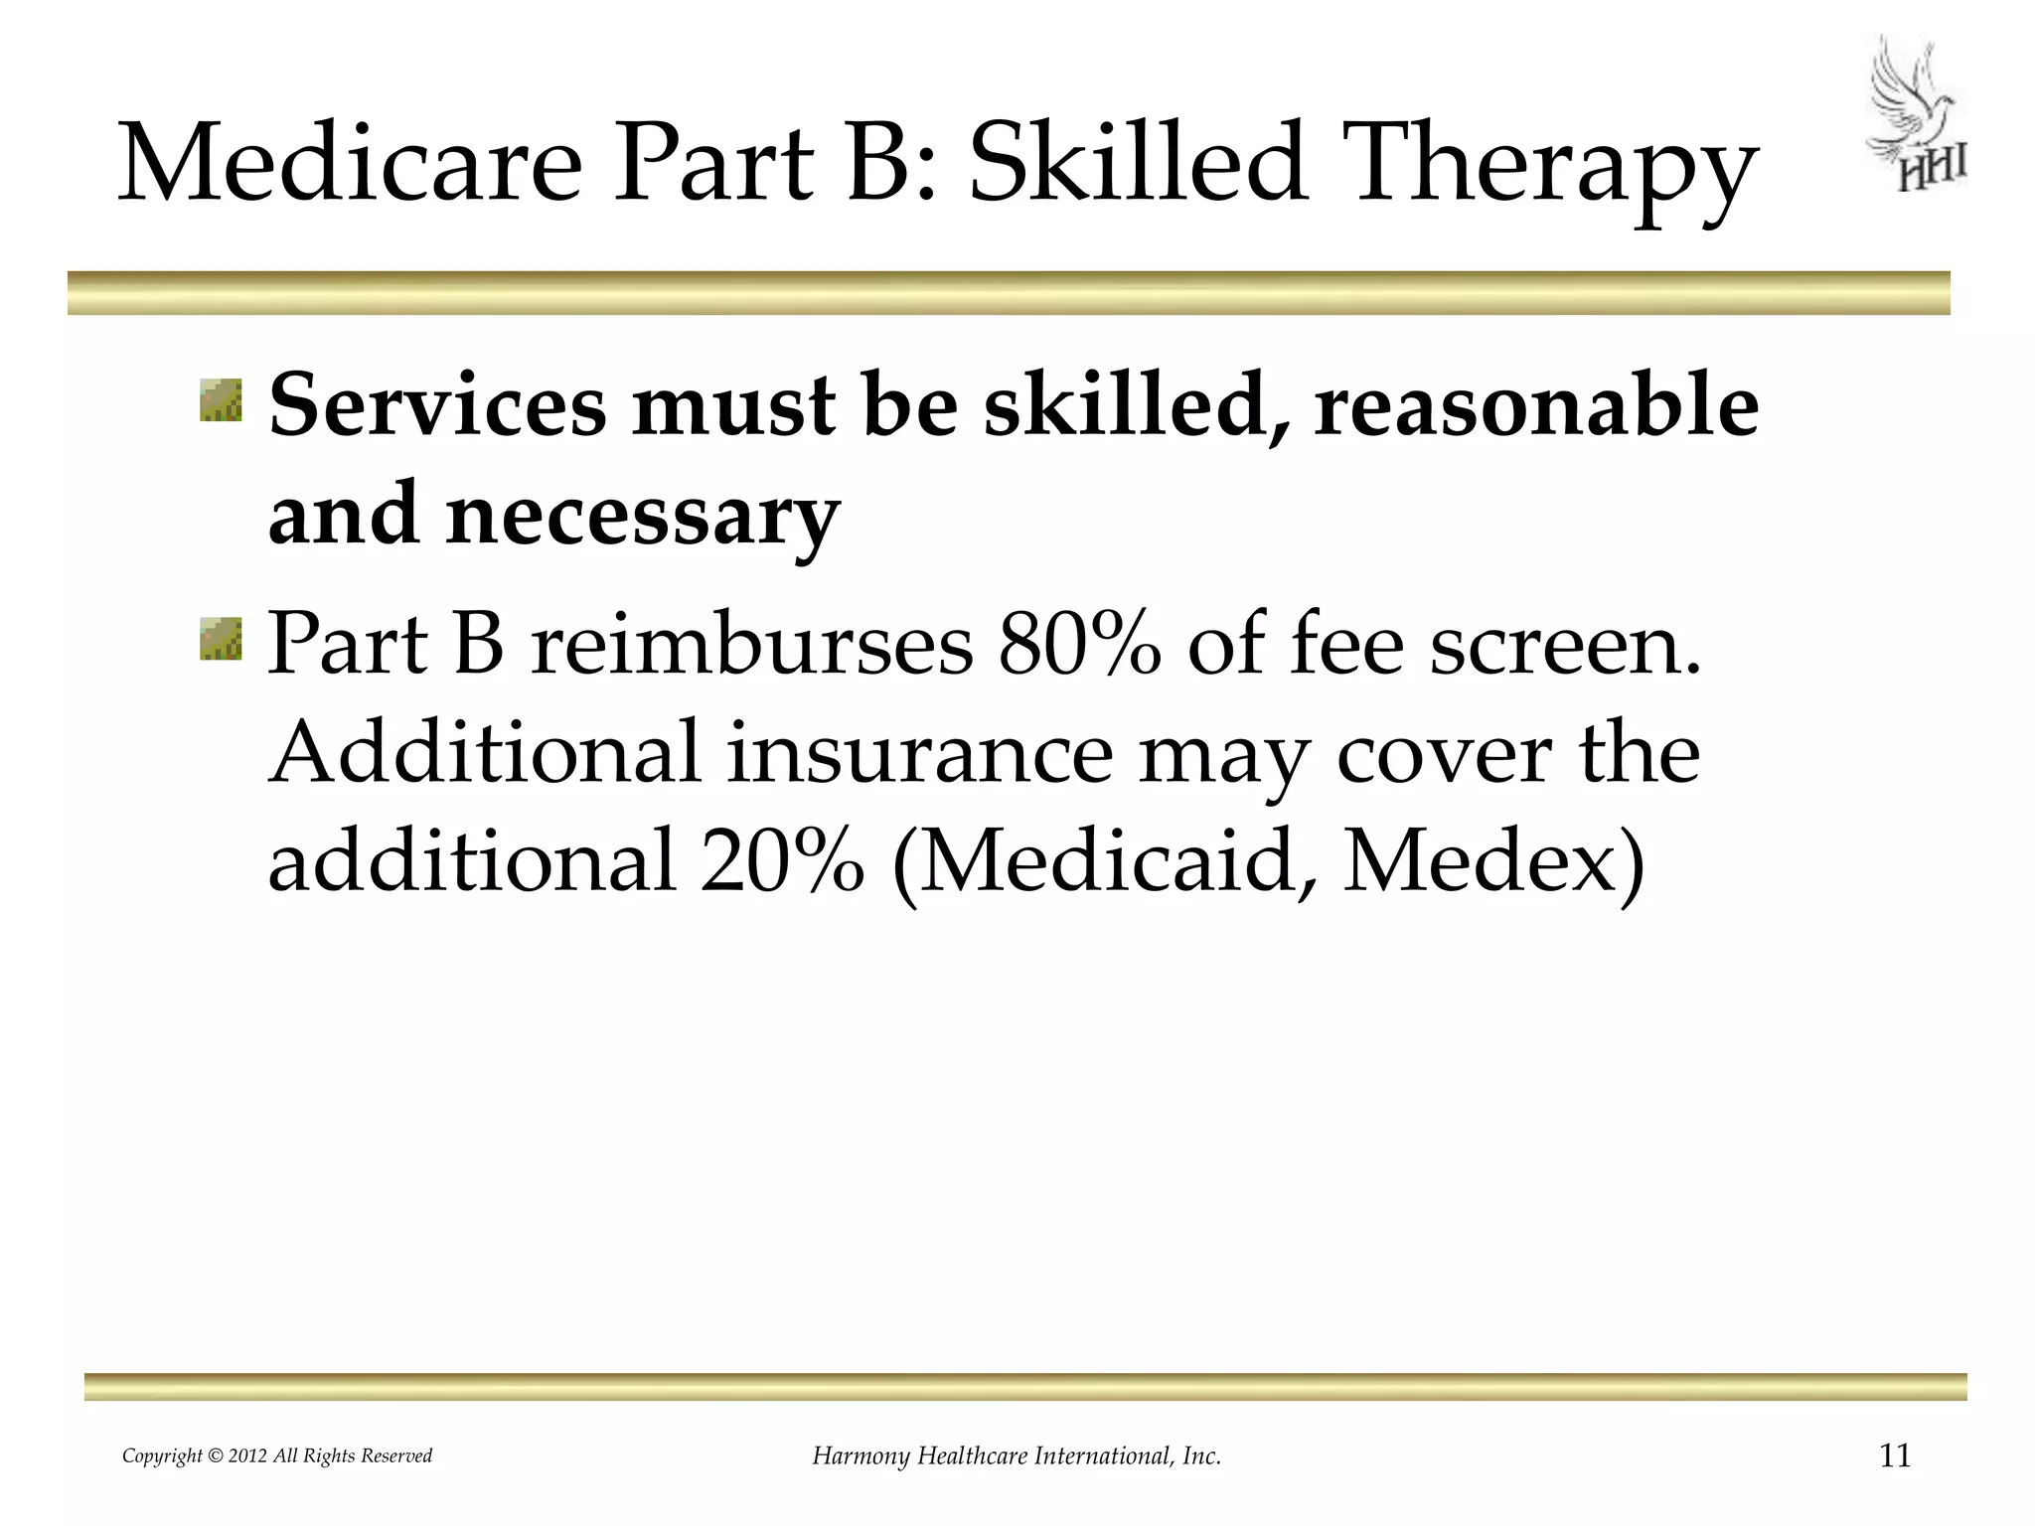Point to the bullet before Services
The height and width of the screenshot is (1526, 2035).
point(221,399)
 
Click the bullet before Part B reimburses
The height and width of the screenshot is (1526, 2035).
point(221,637)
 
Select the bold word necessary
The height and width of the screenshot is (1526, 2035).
point(642,517)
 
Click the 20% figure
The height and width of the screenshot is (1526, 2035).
point(781,860)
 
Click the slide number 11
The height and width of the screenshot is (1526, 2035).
point(1895,1456)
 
